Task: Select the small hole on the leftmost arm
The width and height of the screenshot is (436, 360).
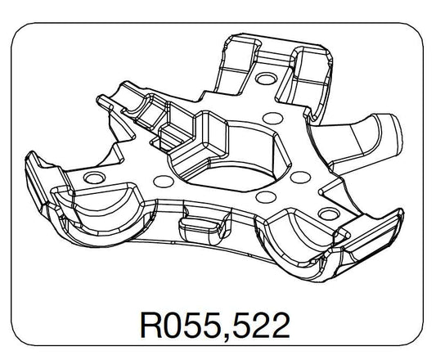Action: click(93, 177)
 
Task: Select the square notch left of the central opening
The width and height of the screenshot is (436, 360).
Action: click(176, 136)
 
